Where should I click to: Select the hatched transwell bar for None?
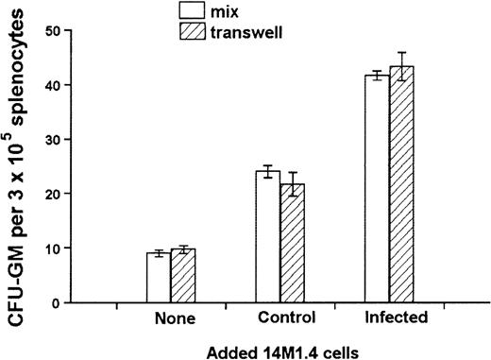tap(183, 276)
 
